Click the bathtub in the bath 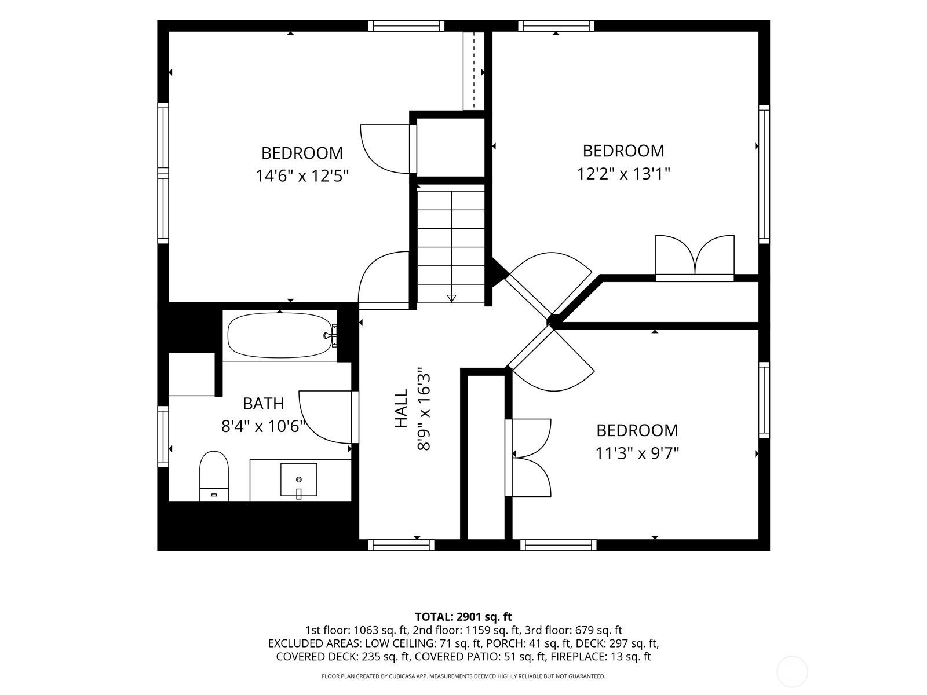coord(280,335)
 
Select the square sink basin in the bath coord(298,480)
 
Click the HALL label coord(401,408)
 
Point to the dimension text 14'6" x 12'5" coord(302,175)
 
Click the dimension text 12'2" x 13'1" coord(624,173)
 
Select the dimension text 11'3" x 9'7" coord(637,453)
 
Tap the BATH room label coord(263,404)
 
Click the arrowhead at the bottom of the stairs coord(451,298)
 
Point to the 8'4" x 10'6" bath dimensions coord(263,426)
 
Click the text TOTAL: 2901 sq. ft coord(463,617)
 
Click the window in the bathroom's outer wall coord(163,436)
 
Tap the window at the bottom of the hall coord(401,545)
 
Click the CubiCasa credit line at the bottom coord(463,676)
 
